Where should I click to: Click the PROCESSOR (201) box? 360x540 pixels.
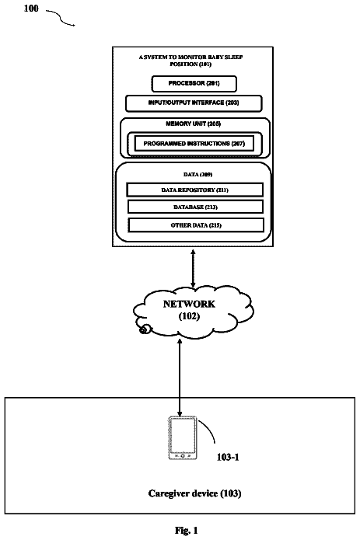pos(194,84)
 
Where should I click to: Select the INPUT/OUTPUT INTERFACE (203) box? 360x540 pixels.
pos(194,103)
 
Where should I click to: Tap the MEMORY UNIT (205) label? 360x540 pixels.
pos(194,124)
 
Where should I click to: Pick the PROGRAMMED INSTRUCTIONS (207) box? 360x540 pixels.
pos(194,144)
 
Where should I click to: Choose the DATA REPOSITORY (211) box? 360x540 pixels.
pos(195,190)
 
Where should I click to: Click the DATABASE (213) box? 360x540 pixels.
pos(195,207)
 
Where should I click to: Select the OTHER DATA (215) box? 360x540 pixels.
pos(196,225)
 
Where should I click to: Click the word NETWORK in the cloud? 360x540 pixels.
pos(189,304)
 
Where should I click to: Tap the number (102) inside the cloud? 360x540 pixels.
pos(189,316)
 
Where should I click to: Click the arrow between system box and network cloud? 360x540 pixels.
pos(193,268)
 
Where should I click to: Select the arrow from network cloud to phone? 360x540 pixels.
pos(180,378)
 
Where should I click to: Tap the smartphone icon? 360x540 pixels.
pos(183,438)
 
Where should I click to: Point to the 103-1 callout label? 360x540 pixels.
pos(228,457)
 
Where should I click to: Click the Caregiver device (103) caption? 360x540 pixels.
pos(194,493)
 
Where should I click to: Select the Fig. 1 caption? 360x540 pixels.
pos(187,531)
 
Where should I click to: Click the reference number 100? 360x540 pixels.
pos(31,9)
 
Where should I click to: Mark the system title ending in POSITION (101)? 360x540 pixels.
pos(190,61)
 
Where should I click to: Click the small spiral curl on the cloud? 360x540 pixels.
pos(145,329)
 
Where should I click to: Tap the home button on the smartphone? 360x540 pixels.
pos(183,455)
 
